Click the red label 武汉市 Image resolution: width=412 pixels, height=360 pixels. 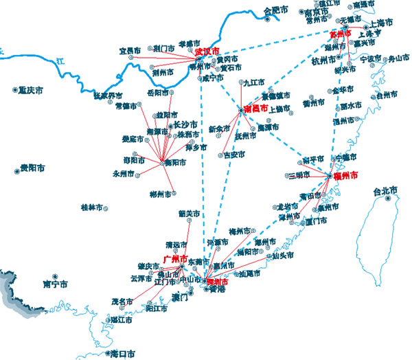(x=207, y=51)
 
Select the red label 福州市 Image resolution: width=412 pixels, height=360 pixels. (x=344, y=176)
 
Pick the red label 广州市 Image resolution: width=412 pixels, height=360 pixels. (x=175, y=259)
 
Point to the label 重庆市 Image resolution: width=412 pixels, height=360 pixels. (x=32, y=89)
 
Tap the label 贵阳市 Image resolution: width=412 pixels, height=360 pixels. (x=32, y=168)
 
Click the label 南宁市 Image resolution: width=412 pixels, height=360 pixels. (x=55, y=283)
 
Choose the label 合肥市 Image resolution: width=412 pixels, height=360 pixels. (x=277, y=10)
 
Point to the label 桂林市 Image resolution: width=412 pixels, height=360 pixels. (x=91, y=207)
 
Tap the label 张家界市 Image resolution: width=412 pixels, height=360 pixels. (x=108, y=95)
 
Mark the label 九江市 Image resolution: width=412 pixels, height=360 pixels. (x=254, y=82)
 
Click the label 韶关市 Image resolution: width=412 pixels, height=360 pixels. (x=190, y=213)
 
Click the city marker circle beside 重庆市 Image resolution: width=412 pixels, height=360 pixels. (x=15, y=89)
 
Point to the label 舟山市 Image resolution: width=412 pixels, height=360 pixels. (x=398, y=59)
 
